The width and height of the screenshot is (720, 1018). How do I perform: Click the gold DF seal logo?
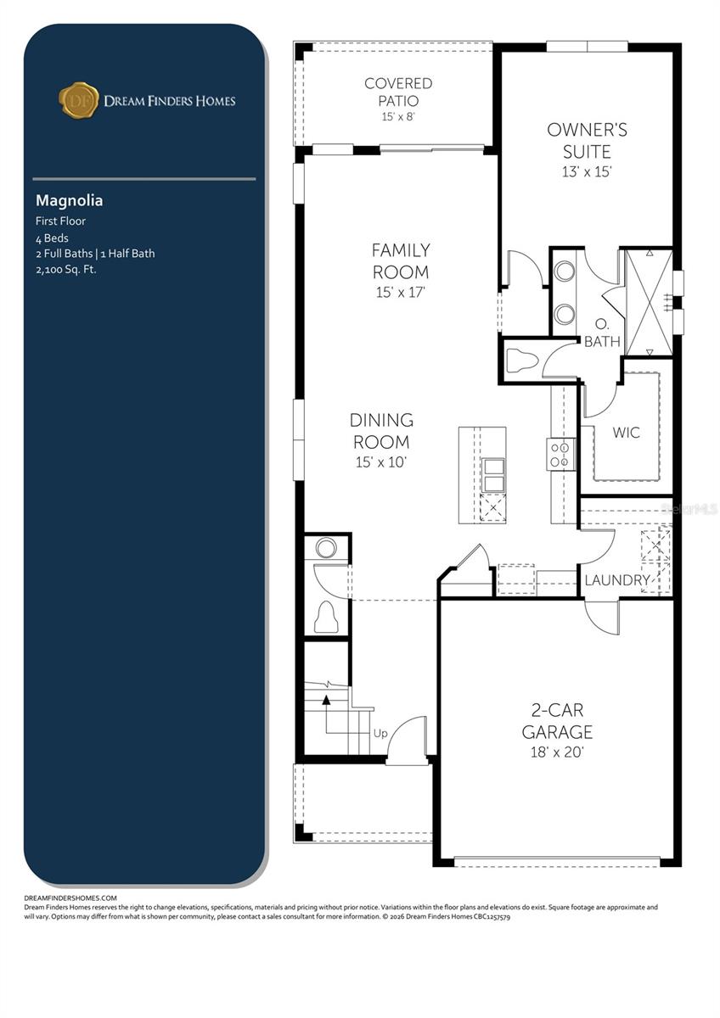point(79,100)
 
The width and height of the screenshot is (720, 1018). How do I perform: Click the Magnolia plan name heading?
point(69,201)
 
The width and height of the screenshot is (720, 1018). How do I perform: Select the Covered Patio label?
point(398,92)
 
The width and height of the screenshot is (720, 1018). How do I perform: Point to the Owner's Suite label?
point(587,141)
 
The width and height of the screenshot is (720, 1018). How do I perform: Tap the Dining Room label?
point(381,431)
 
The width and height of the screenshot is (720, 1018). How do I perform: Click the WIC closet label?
point(627,433)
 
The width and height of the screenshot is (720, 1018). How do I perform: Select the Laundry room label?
point(617,580)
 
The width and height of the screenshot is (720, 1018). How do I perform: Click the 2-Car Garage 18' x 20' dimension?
point(557,752)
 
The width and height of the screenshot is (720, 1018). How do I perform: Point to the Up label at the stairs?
point(380,733)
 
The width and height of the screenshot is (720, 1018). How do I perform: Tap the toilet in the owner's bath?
point(521,361)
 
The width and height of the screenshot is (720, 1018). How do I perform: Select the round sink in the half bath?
point(326,548)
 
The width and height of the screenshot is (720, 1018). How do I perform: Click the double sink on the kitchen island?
point(492,475)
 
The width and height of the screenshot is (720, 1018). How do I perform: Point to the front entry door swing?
point(408,740)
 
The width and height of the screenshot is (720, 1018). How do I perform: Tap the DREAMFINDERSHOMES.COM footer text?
point(70,898)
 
